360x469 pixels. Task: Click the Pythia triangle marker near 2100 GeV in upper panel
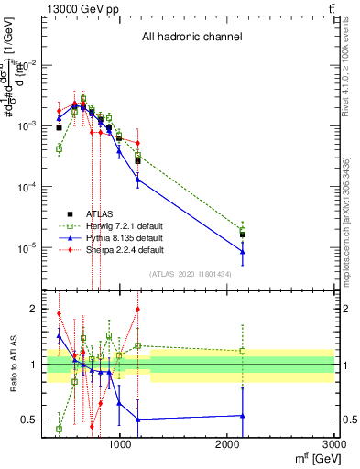(243, 252)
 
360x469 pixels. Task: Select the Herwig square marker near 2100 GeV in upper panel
(243, 230)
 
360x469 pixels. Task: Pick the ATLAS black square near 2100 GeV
(243, 234)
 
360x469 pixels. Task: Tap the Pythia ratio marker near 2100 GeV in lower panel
(243, 415)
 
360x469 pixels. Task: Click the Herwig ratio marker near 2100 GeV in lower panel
(243, 351)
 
